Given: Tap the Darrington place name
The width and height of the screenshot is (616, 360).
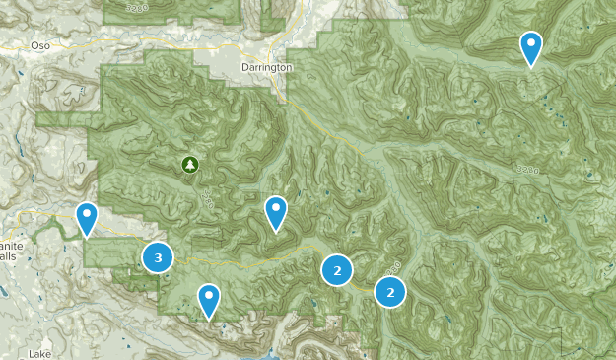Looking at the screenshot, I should pos(266,67).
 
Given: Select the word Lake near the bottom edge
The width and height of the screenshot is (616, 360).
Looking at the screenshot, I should pos(40,352).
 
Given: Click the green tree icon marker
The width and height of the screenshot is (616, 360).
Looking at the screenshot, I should pos(188,165).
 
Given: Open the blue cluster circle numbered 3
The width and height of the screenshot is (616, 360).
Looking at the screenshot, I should pos(158,257).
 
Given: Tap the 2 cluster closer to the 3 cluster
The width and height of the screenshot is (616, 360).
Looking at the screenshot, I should pos(337,268).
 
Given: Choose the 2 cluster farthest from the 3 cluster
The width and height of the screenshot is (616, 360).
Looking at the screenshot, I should pos(390,291).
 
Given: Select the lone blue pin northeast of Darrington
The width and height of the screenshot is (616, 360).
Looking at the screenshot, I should pos(531,46).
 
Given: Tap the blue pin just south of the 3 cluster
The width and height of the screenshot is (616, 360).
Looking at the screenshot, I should pos(208,299).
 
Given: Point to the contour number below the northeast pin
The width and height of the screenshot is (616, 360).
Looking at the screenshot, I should pos(527,170).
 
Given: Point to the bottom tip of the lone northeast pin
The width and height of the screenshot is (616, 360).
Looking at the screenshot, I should pos(531,67).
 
